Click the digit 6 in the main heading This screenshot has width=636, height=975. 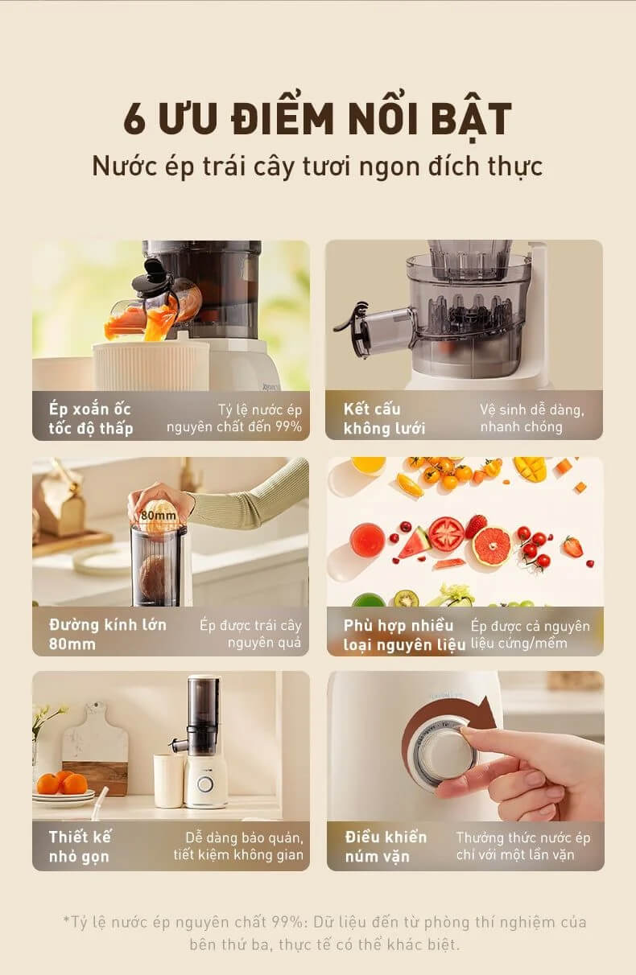point(134,118)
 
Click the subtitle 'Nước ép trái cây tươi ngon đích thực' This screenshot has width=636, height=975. point(317,167)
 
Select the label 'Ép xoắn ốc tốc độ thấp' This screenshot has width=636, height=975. point(91,418)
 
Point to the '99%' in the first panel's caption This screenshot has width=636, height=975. point(288,426)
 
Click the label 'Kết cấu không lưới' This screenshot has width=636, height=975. point(384,418)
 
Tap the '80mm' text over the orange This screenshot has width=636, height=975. point(158,516)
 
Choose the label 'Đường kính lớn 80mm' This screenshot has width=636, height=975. point(108,634)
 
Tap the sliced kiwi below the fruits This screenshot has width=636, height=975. point(406,599)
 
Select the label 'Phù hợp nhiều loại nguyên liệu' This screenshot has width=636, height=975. point(404,635)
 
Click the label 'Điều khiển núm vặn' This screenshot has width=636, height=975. point(386,846)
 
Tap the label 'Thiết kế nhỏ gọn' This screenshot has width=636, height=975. point(80,846)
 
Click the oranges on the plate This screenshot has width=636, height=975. point(62,782)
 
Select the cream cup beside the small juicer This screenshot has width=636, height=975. point(168,780)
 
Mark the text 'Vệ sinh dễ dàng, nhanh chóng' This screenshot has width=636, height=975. point(532,418)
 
